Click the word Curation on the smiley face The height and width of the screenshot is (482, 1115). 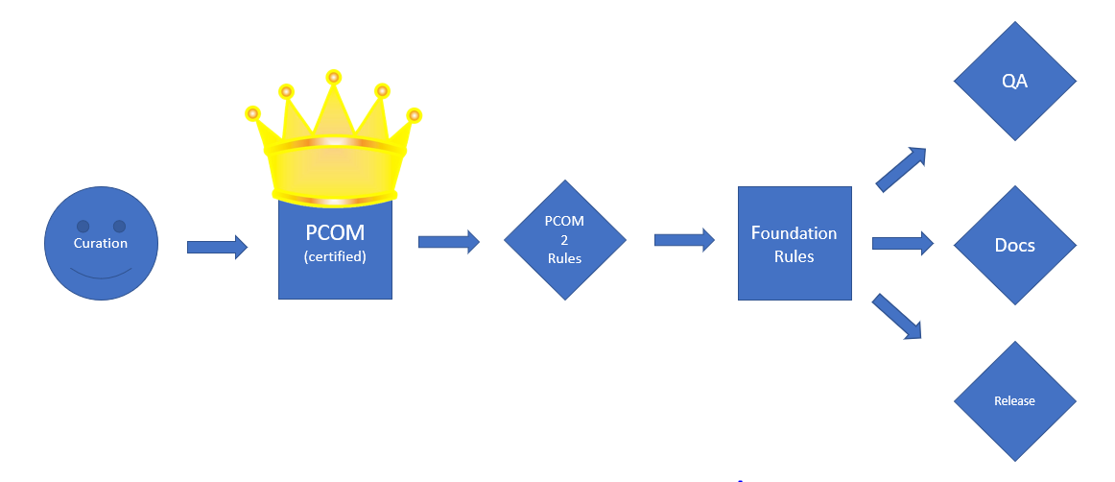coord(101,243)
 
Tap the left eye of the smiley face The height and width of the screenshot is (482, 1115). coord(83,227)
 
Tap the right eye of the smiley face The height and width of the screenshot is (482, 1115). coord(119,227)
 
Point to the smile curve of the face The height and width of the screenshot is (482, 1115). coord(101,276)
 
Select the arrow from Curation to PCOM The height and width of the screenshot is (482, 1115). coord(217,248)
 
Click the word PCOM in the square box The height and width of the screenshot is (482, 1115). coord(335,233)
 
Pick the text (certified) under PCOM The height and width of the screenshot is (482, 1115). coord(335,256)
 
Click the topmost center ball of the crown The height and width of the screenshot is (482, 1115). coord(334,76)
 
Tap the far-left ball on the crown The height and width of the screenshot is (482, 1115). coord(253,113)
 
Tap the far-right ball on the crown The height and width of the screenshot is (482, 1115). coord(415,115)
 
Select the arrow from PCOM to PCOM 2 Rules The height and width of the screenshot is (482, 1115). coord(448,241)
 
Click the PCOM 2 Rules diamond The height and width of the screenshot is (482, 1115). coord(564,240)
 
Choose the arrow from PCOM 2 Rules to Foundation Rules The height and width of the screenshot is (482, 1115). coord(684,240)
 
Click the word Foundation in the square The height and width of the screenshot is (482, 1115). coord(794,233)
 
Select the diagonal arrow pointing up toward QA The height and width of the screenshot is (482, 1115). coord(901,169)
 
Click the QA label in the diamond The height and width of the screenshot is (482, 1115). coord(1014,82)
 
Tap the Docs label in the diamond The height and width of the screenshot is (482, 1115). coord(1014,245)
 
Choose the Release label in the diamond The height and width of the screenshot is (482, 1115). coord(1014,400)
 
